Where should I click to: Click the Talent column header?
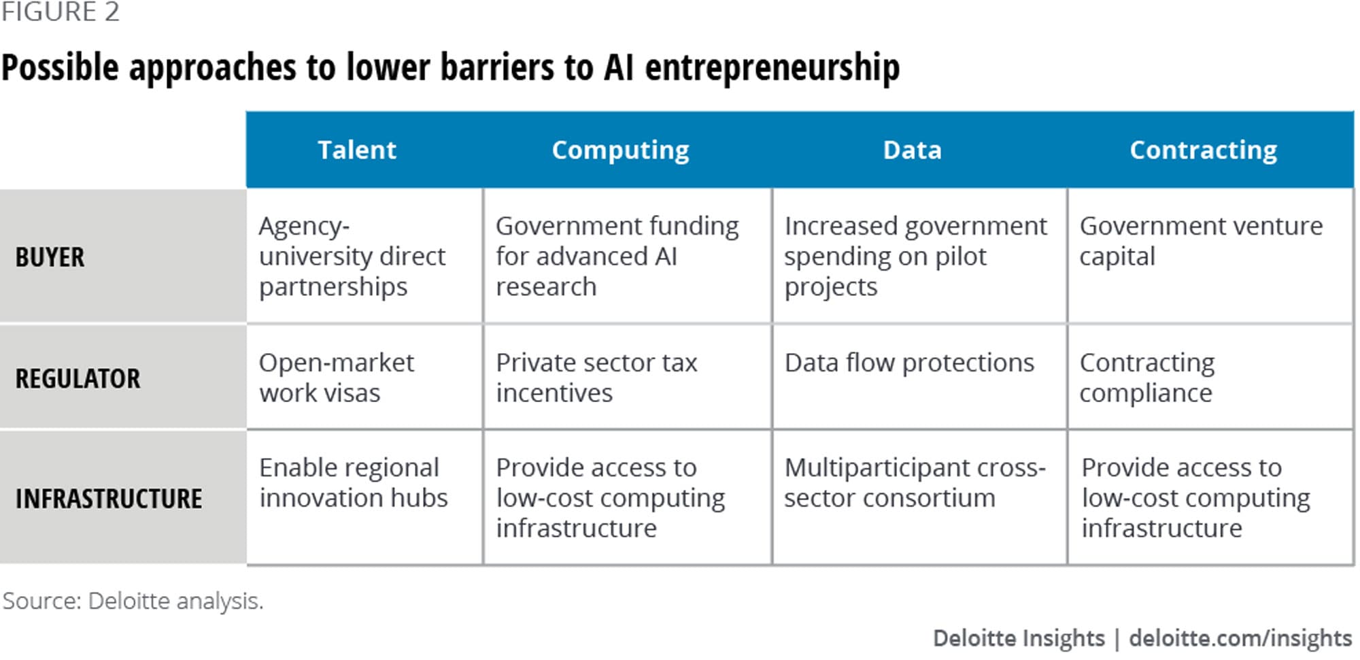357,150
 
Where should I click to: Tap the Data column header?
912,150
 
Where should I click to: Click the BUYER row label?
50,257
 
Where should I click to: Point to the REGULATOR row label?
78,378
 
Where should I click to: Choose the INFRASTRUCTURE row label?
109,499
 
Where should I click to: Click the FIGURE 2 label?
60,12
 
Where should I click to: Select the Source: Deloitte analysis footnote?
133,601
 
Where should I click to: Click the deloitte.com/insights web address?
1240,638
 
